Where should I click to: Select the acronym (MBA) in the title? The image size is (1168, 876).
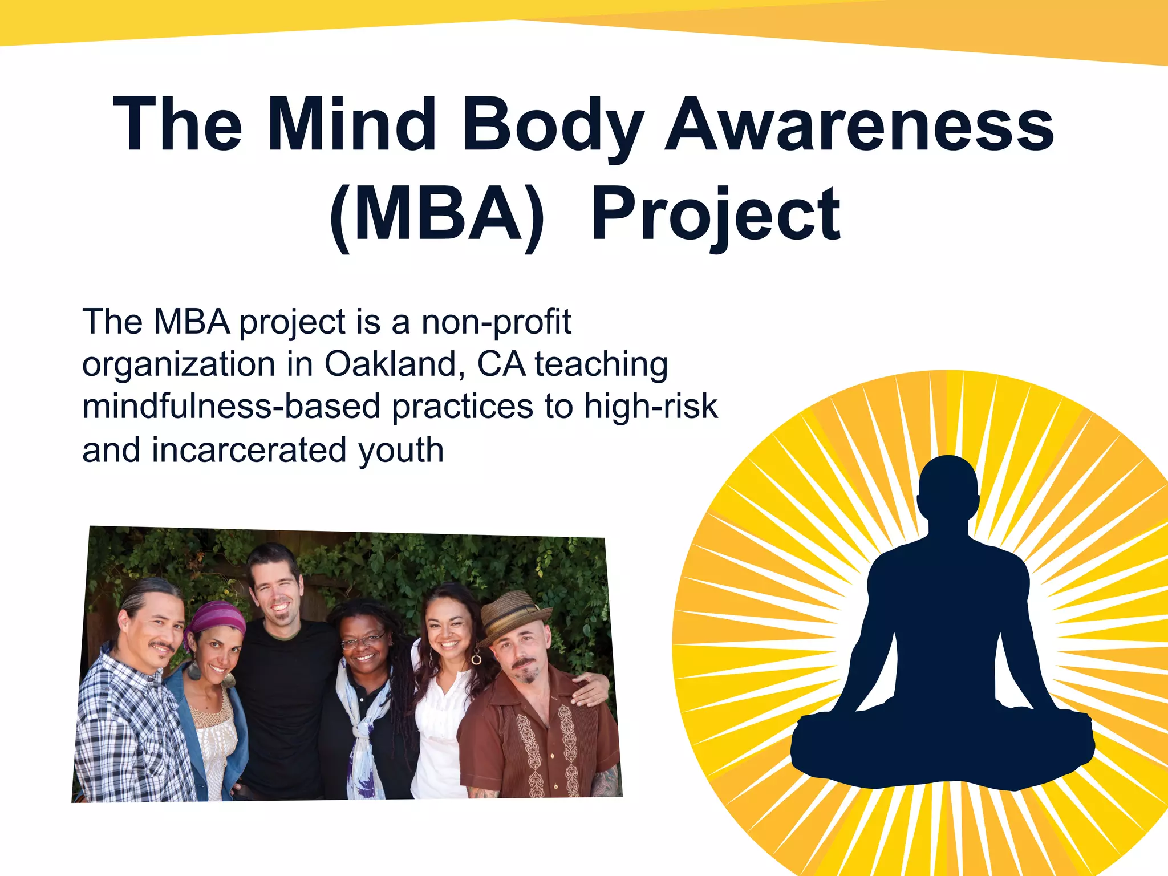tap(437, 216)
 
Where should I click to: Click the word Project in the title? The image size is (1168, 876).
tap(715, 216)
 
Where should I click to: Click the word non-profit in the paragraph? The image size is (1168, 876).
tap(496, 323)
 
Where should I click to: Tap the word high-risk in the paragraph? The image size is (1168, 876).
tap(650, 407)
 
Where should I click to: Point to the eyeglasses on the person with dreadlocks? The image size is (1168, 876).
tap(362, 641)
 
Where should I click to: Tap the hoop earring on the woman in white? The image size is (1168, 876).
tap(476, 659)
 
